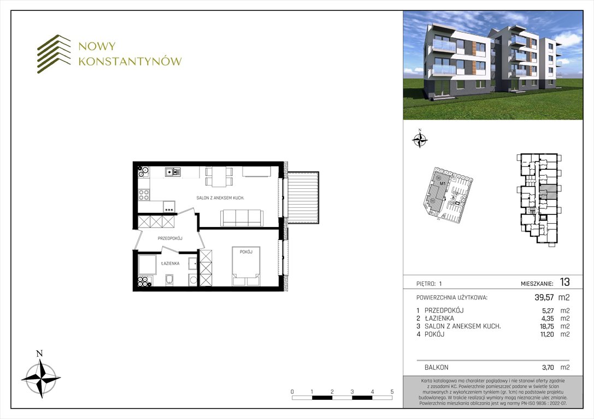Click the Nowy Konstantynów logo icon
pos(54,54)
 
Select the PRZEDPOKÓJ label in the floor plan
pos(169,238)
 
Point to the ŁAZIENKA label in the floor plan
pos(170,263)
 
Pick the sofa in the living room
pos(241,218)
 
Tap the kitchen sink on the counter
pos(174,172)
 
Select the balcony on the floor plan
pos(303,196)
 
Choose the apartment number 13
pos(564,283)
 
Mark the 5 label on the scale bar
pos(392,392)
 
